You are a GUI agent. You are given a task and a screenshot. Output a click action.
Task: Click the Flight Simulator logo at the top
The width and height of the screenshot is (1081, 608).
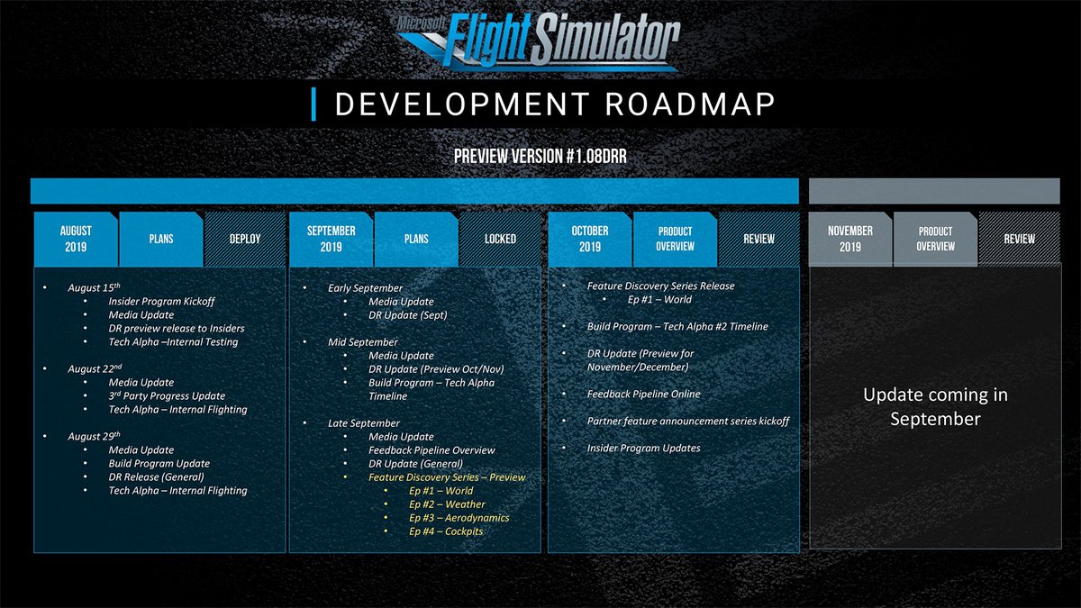[539, 41]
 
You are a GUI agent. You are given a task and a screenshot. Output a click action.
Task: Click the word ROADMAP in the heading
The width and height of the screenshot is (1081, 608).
[690, 104]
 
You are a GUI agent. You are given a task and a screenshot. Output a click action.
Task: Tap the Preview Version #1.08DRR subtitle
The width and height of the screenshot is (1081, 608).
[540, 157]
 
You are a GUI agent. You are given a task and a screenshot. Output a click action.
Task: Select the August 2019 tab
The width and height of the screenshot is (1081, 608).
[76, 239]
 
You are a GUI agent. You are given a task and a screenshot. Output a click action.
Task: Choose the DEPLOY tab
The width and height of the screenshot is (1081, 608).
[245, 239]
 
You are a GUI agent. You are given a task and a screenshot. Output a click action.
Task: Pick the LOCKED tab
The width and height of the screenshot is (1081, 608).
[500, 239]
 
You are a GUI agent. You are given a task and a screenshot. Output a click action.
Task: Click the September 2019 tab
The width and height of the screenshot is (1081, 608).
[332, 239]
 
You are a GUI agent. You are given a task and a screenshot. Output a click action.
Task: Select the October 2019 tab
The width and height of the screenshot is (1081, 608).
[590, 239]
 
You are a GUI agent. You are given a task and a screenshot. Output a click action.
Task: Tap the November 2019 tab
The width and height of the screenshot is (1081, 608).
[850, 239]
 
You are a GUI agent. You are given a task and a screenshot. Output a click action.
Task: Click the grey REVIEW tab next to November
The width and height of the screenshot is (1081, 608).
[1019, 239]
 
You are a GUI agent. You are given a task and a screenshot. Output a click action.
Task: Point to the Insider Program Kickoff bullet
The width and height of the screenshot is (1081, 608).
[161, 302]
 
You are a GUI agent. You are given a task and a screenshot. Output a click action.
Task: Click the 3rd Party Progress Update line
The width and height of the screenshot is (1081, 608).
[167, 395]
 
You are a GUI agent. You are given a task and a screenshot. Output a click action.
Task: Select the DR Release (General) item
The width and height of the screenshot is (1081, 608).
[156, 476]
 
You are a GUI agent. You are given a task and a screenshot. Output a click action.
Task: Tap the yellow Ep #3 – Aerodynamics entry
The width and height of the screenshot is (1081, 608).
[459, 518]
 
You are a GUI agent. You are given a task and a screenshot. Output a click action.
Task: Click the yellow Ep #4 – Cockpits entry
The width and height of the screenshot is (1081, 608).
[446, 531]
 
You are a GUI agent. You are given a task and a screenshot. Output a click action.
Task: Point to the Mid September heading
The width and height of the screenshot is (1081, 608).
[362, 342]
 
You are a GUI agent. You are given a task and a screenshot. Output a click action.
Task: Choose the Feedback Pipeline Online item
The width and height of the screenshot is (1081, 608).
[643, 395]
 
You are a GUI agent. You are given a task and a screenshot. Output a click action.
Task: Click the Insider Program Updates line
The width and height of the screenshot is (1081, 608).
[643, 449]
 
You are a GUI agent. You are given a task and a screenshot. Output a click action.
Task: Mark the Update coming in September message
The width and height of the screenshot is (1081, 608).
[935, 407]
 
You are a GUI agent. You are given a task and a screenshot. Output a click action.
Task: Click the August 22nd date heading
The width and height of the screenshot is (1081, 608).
[94, 368]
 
